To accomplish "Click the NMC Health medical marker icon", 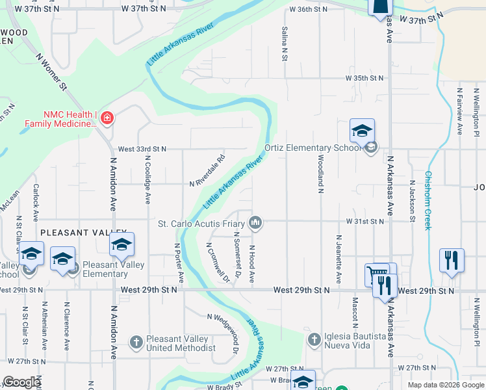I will click(107, 118).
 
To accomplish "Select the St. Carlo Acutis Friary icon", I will click(257, 223).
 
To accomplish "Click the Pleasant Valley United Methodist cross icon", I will click(136, 341).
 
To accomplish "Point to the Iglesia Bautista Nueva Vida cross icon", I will click(314, 339).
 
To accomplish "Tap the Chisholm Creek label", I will click(428, 200).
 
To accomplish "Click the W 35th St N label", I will click(364, 78).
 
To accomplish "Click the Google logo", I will click(21, 382).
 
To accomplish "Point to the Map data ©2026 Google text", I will click(445, 385).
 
